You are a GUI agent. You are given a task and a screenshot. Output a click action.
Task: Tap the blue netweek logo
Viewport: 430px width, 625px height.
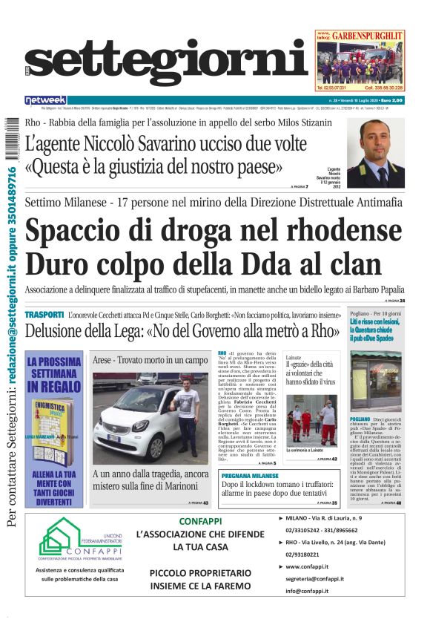(45, 99)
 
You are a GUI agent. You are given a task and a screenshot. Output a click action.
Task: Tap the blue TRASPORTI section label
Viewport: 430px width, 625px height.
(44, 315)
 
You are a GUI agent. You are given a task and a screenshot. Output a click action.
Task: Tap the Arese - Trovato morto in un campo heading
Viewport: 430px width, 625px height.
(150, 360)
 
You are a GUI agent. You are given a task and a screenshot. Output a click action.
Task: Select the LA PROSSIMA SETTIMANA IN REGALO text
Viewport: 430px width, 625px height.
(53, 375)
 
